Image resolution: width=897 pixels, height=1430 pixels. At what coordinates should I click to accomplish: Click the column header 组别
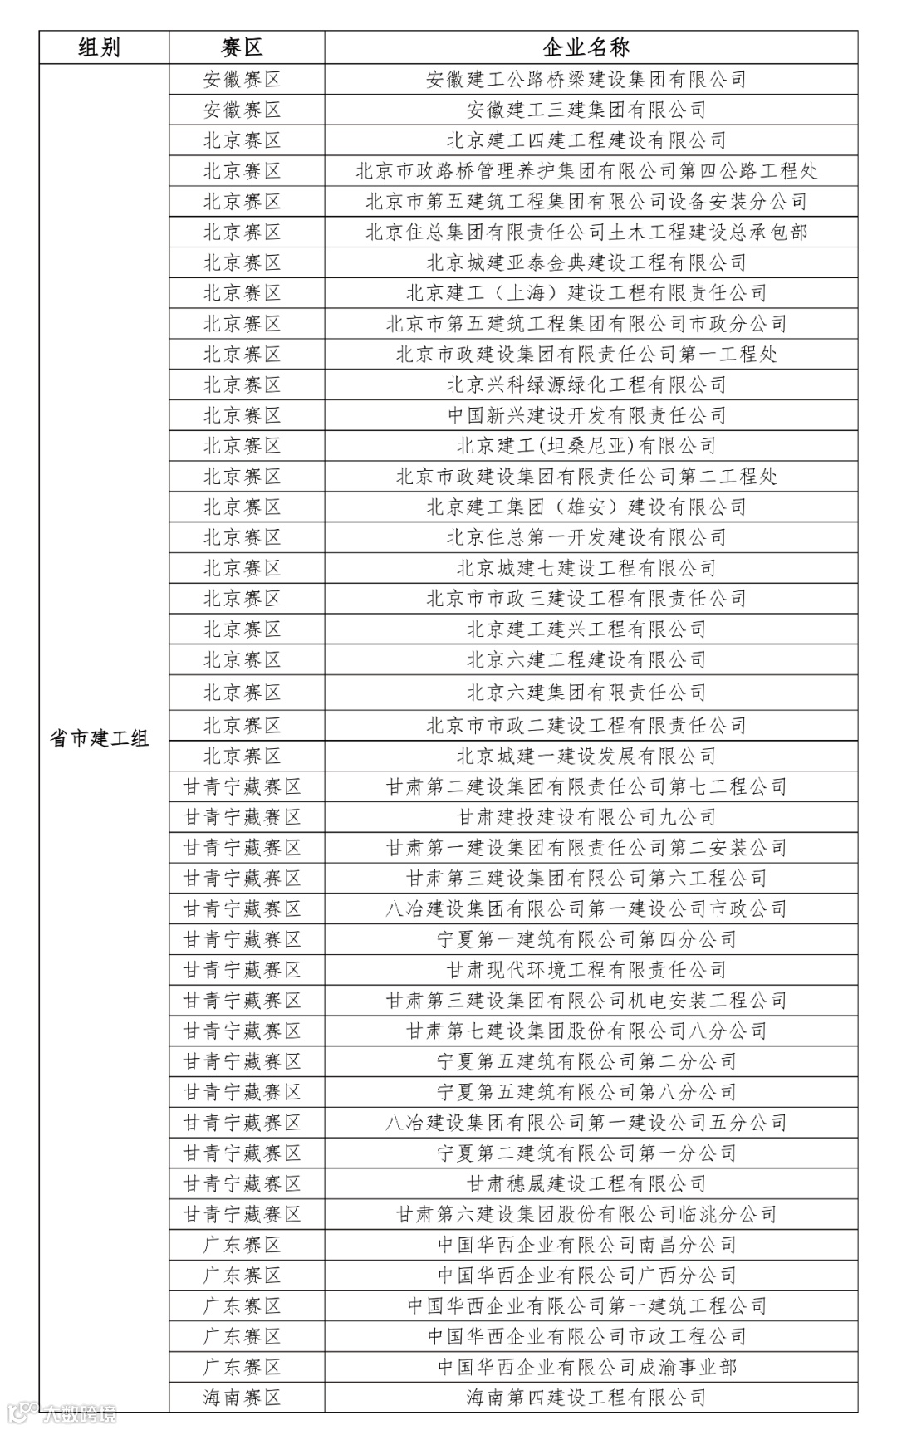(x=100, y=47)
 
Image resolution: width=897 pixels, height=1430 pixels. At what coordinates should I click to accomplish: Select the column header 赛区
(x=243, y=47)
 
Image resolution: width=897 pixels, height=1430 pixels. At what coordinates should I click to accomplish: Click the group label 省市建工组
(x=100, y=737)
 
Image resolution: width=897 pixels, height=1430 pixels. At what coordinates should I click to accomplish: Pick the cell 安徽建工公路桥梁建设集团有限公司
(x=586, y=79)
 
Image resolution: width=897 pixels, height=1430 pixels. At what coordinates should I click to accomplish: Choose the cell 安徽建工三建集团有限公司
(x=586, y=110)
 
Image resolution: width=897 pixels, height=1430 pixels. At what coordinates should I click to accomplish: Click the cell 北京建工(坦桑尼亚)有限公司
(x=586, y=446)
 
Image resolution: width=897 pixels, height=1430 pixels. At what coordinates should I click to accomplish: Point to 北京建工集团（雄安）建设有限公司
(x=586, y=507)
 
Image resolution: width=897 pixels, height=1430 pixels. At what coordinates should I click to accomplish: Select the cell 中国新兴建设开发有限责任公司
(x=586, y=415)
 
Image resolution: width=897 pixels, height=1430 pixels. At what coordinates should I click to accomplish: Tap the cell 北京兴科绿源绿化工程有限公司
(x=586, y=384)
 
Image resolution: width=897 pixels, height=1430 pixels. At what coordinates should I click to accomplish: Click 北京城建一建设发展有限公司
(x=586, y=756)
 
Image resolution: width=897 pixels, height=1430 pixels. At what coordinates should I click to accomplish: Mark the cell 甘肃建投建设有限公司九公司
(x=586, y=817)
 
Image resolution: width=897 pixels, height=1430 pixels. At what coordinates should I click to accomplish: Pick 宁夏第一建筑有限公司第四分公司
(x=586, y=939)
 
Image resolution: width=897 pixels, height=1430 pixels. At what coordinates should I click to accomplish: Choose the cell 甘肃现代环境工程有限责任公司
(x=586, y=970)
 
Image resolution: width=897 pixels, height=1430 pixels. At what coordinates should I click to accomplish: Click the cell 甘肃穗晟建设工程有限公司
(x=586, y=1183)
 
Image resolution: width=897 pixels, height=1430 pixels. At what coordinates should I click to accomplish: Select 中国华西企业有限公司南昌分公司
(x=586, y=1245)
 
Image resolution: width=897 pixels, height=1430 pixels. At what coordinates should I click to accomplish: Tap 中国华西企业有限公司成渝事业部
(x=586, y=1367)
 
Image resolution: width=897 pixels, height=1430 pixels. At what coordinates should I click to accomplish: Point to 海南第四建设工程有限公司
(x=586, y=1398)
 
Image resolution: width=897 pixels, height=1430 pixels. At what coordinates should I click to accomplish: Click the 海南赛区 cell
(x=243, y=1398)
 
